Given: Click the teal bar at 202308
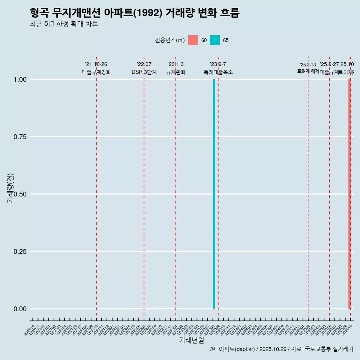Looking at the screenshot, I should coord(214,194).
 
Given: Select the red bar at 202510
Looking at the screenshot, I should coord(349,194).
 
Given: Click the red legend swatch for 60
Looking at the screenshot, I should coord(193,40).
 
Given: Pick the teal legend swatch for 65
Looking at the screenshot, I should coord(215,40).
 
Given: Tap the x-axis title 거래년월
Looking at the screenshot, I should coord(191,340).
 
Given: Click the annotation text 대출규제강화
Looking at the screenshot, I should coord(96,72).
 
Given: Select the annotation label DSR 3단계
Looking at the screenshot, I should coord(144,72).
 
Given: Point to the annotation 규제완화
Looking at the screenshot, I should coord(176,72).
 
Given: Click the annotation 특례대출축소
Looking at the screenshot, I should coord(218,72).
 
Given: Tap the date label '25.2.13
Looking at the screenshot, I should coord(308,65).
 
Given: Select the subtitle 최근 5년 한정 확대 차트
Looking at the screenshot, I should coord(64,24).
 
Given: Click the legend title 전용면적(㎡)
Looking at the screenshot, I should coord(169,40).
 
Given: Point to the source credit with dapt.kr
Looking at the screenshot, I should coord(281,349).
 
